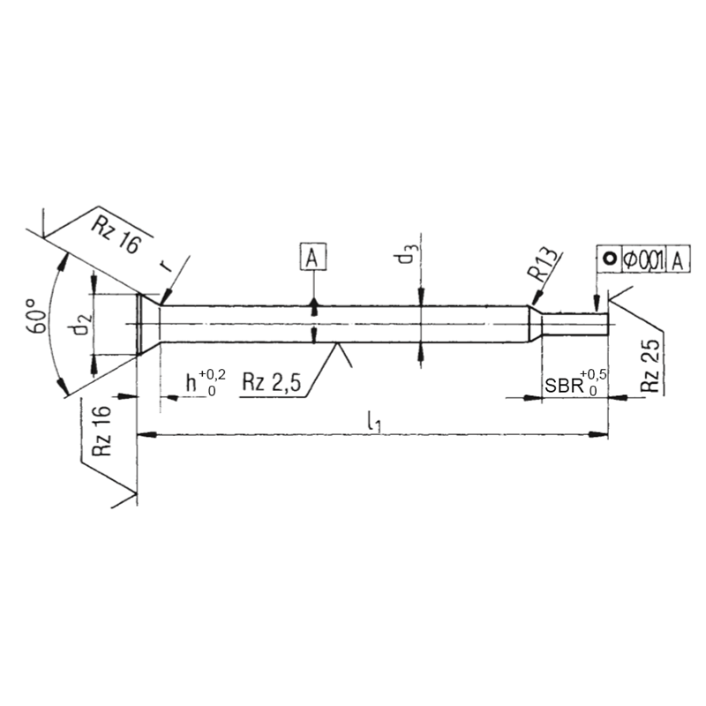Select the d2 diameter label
(81, 325)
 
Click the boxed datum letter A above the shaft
(312, 258)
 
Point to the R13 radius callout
(545, 265)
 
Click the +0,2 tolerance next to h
(213, 374)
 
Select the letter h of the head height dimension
(191, 384)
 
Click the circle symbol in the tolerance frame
(609, 259)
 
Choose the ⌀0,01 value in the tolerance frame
(642, 259)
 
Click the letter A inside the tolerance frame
(678, 259)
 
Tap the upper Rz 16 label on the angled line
(116, 234)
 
